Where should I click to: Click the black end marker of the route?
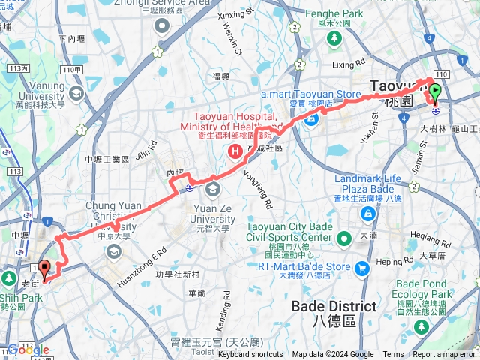tap(44, 268)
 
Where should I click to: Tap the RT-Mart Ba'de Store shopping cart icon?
tap(362, 267)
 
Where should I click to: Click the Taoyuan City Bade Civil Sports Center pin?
tap(344, 240)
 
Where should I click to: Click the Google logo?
tap(28, 349)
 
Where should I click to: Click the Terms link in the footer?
tap(393, 355)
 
